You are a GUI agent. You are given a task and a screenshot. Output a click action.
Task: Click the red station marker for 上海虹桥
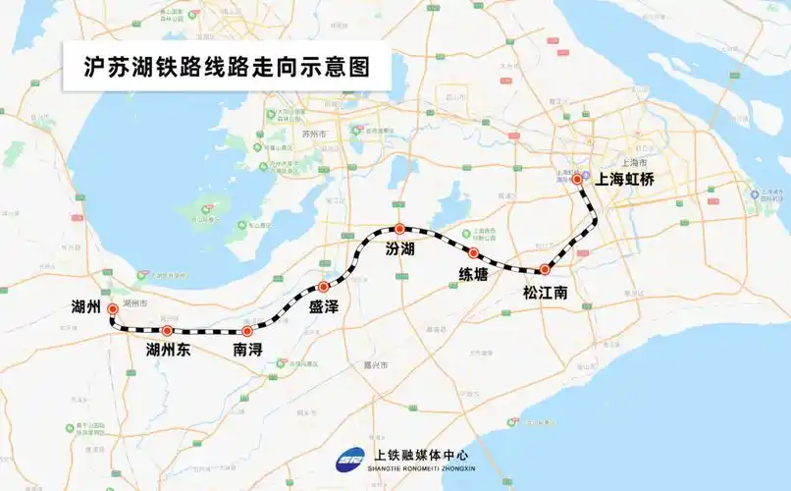pos(577,180)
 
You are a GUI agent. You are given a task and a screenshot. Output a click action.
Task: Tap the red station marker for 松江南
pos(546,270)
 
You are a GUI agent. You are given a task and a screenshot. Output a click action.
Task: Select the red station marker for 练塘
pos(473,253)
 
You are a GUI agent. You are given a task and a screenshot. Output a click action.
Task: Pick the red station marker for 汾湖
pos(399,229)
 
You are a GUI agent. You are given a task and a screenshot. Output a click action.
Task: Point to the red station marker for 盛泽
pos(323,287)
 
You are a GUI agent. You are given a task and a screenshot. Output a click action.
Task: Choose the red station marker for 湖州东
pos(168,331)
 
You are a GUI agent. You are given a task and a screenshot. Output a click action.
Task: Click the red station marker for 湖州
pos(113,308)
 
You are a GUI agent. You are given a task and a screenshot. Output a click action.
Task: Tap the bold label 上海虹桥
pos(625,180)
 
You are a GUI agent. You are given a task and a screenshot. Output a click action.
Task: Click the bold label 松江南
pos(545,293)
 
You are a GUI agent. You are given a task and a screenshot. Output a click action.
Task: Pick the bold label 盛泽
pos(324,307)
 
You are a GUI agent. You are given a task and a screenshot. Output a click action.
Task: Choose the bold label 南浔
pos(247,350)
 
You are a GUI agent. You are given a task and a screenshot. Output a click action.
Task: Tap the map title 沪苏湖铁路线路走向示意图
pos(220,71)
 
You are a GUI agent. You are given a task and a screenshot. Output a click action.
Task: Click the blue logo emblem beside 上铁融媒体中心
pos(350,459)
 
